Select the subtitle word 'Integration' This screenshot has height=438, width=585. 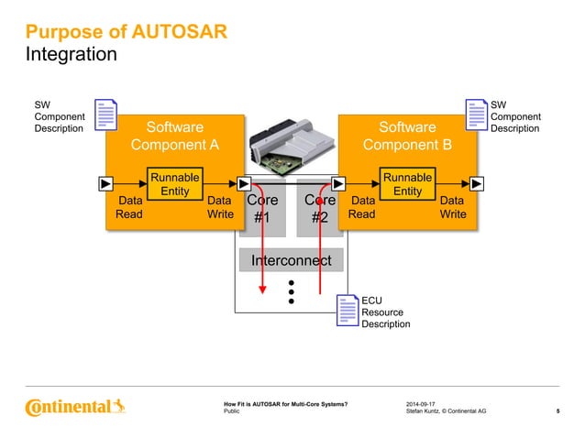click(x=72, y=55)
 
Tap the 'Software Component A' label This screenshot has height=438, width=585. click(x=175, y=136)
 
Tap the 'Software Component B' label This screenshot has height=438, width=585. click(x=407, y=136)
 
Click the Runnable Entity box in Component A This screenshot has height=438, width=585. click(x=174, y=183)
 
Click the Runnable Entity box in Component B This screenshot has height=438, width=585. click(x=407, y=183)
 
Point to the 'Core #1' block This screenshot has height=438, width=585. click(x=261, y=209)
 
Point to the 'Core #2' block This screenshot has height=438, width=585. click(x=320, y=209)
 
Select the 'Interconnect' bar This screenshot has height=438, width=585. click(x=291, y=261)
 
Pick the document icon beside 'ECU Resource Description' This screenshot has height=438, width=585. click(x=346, y=311)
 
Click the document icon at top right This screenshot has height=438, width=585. click(x=477, y=115)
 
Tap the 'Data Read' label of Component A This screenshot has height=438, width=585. click(x=129, y=207)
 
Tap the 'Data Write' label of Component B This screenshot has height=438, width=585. click(x=452, y=207)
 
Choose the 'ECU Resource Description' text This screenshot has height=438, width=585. click(x=385, y=312)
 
